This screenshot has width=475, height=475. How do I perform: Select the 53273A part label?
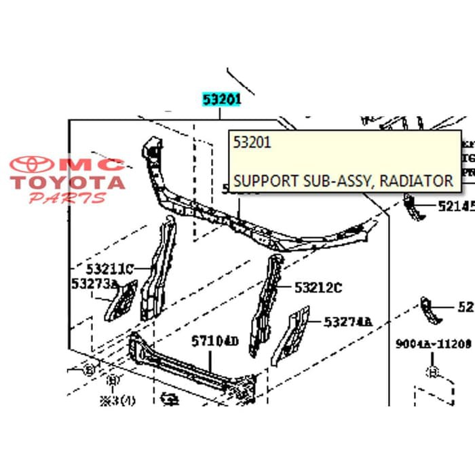pyautogui.click(x=94, y=284)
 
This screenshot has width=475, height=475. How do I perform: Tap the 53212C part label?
pyautogui.click(x=318, y=288)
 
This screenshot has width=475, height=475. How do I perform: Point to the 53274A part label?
pyautogui.click(x=348, y=322)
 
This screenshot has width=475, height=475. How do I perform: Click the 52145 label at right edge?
pyautogui.click(x=455, y=206)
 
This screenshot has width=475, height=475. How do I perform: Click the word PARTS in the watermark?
pyautogui.click(x=67, y=198)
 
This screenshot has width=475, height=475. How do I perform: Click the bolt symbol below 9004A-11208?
pyautogui.click(x=432, y=372)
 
